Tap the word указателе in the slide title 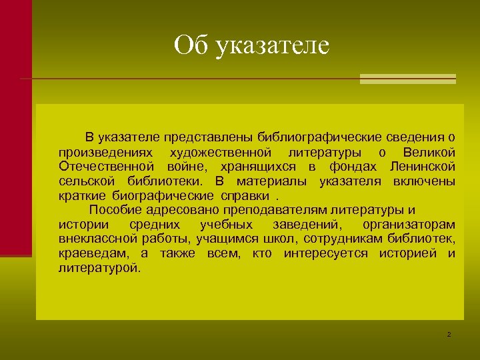[273, 46]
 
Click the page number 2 [449, 333]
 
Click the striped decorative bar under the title [407, 79]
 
